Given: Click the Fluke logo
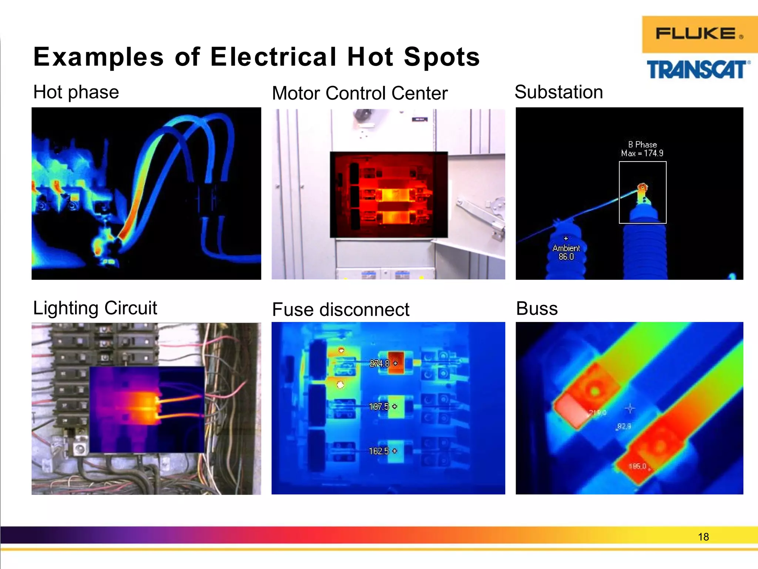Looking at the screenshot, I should (x=699, y=34).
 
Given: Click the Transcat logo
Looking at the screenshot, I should (x=698, y=70).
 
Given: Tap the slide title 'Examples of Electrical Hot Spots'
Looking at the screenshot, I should (x=256, y=57).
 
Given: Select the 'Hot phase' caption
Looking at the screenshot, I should (x=76, y=92).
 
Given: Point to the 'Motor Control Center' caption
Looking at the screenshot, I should (x=359, y=93).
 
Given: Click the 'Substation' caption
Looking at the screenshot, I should (x=559, y=92).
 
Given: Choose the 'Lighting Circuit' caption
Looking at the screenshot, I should (x=95, y=308).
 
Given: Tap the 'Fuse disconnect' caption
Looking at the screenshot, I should (x=341, y=310).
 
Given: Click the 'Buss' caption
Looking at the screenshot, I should (x=537, y=309).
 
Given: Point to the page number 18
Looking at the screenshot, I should (x=703, y=537).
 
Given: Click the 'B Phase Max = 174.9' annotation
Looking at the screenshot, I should (x=642, y=149).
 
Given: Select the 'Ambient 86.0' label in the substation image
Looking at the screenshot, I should (x=566, y=252).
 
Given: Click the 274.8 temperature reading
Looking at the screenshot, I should (x=380, y=363).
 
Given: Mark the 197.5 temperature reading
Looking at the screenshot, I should (x=379, y=407).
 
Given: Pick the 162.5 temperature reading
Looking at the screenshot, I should (x=379, y=451).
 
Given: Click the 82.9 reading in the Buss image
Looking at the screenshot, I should (x=624, y=426).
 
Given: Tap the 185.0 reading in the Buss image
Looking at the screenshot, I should (x=637, y=466).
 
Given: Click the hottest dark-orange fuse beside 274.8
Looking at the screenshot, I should (x=396, y=363).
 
